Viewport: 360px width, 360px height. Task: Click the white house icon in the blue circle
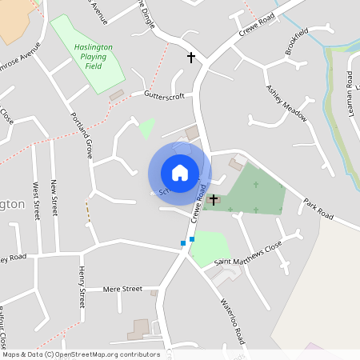pos(180,172)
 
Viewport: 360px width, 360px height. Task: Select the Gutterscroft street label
pos(164,95)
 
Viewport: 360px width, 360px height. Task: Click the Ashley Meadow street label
pos(286,103)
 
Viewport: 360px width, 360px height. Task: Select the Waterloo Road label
pos(234,322)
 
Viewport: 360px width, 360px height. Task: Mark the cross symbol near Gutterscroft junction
pos(191,58)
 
